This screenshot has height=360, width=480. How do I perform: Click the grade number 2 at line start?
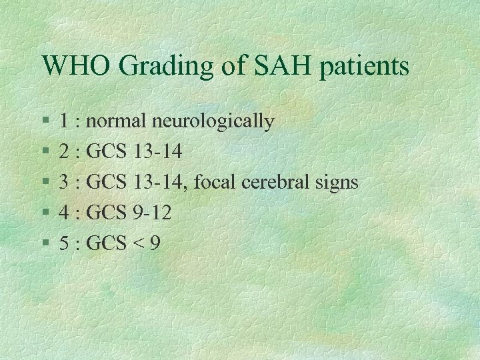65,151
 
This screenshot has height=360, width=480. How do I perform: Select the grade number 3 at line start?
65,182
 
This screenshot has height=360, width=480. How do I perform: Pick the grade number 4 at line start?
65,213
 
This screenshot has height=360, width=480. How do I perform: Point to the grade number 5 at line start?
65,243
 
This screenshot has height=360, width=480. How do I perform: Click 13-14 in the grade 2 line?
158,151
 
